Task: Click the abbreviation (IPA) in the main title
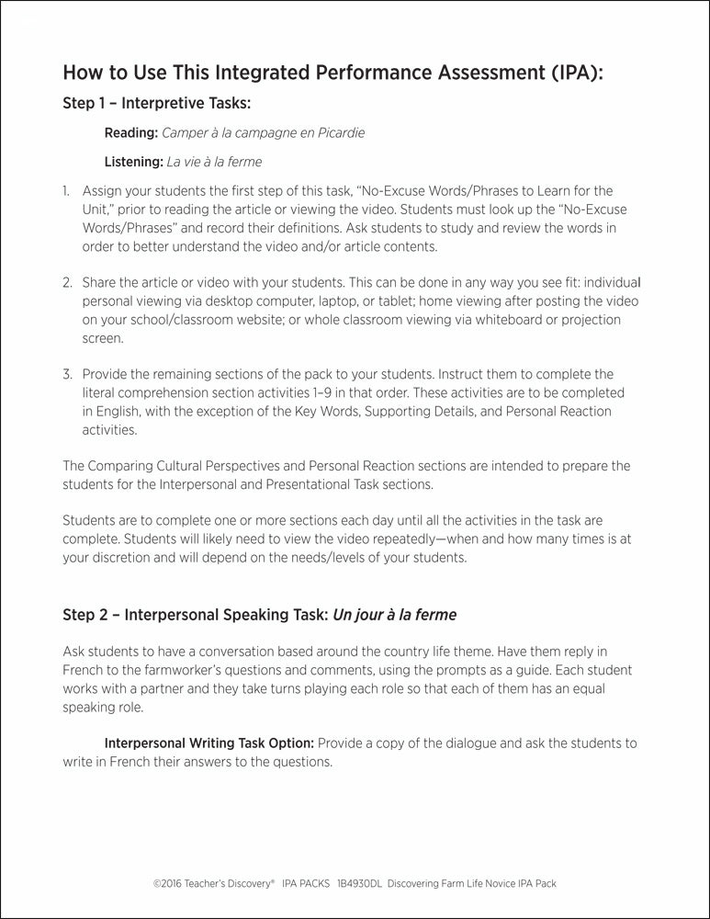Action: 571,73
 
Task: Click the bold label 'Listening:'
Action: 133,162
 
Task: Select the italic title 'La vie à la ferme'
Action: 214,162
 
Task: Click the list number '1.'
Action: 66,191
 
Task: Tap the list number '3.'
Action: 67,375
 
